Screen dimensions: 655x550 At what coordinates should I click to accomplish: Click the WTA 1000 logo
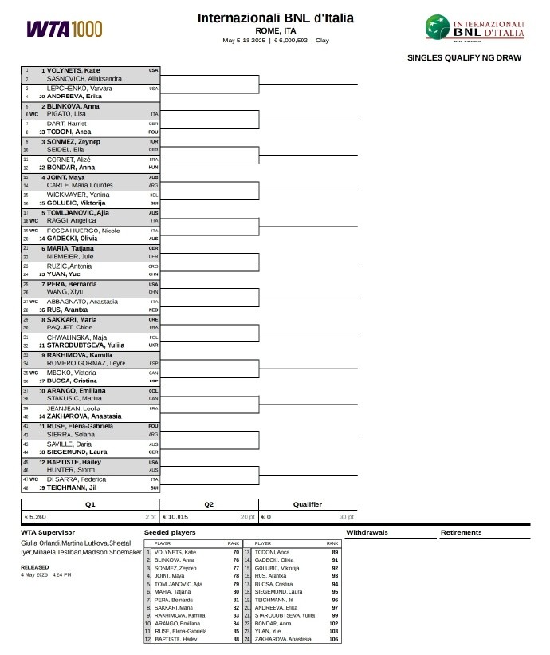coord(65,29)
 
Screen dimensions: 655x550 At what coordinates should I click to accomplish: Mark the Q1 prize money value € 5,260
coord(36,516)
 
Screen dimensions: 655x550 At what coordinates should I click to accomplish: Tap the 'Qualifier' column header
coord(308,504)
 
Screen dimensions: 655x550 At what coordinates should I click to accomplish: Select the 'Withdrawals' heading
coord(367,531)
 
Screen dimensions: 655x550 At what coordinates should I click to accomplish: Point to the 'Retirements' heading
coord(461,531)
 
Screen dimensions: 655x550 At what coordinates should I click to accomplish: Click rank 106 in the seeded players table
coord(333,639)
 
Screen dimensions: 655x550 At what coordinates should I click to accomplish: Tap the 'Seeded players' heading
coord(170,531)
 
